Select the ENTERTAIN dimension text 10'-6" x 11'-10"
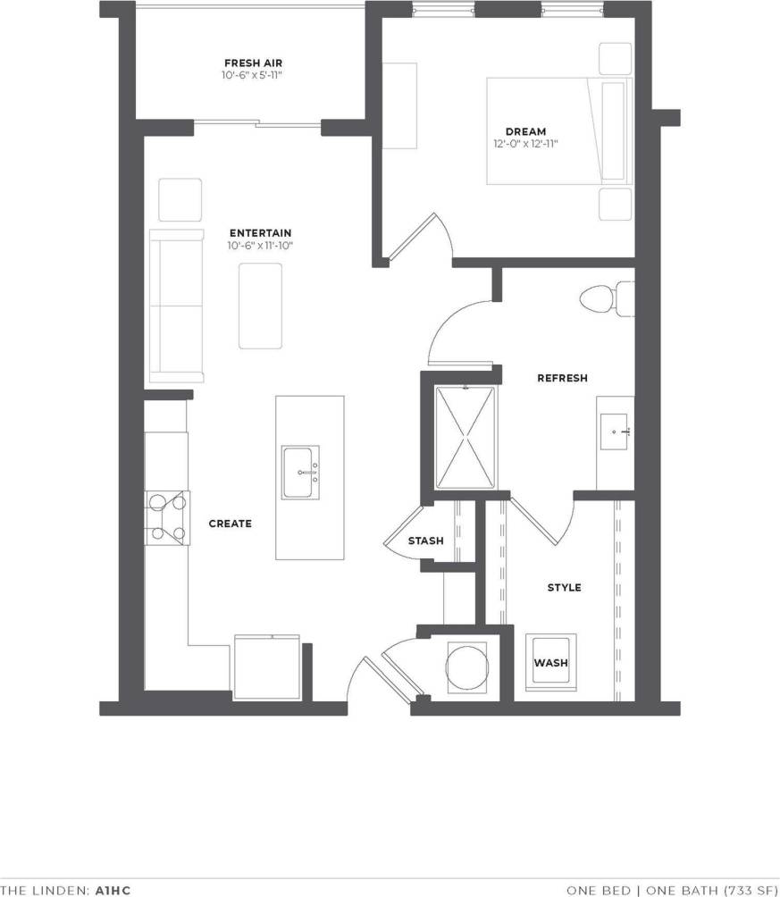point(260,246)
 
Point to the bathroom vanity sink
point(616,432)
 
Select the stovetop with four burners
point(168,517)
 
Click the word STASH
point(425,541)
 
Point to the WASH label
point(550,663)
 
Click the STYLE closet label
point(564,587)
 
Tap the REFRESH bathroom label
point(562,378)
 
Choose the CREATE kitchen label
point(230,524)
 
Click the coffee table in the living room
point(260,306)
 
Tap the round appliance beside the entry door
point(466,666)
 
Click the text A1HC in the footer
point(113,890)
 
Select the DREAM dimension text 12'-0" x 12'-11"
point(531,144)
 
